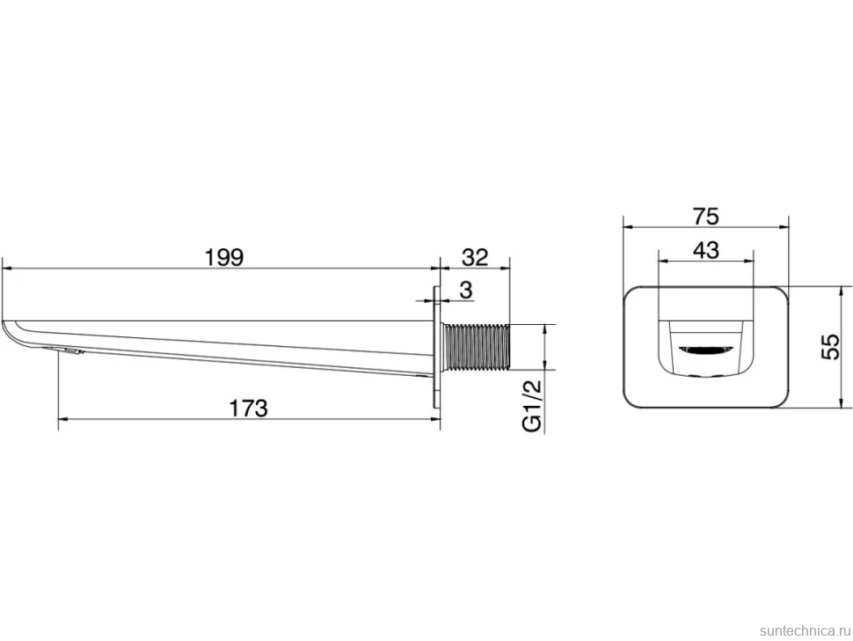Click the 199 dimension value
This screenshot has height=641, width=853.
click(224, 257)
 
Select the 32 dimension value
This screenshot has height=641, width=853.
click(475, 257)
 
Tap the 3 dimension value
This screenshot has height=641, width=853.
click(466, 291)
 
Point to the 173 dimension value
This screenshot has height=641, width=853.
click(249, 408)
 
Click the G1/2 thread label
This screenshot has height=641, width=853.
click(533, 406)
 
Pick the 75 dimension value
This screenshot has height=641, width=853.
click(705, 217)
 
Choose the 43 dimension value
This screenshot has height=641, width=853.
click(706, 250)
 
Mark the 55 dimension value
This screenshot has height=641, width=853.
click(830, 346)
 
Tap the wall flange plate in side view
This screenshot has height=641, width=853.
click(436, 346)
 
